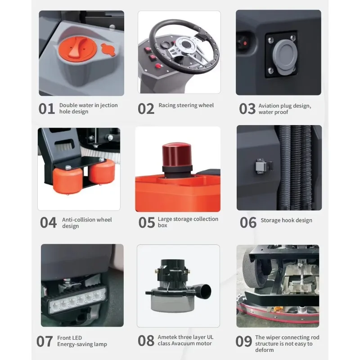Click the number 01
click(47, 108)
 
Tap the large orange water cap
click(77, 50)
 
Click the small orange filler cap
click(108, 49)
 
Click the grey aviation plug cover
click(285, 56)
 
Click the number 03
click(247, 109)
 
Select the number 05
click(147, 222)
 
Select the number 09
click(243, 342)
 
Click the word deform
click(264, 350)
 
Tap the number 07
click(45, 342)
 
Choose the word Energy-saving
click(75, 344)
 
